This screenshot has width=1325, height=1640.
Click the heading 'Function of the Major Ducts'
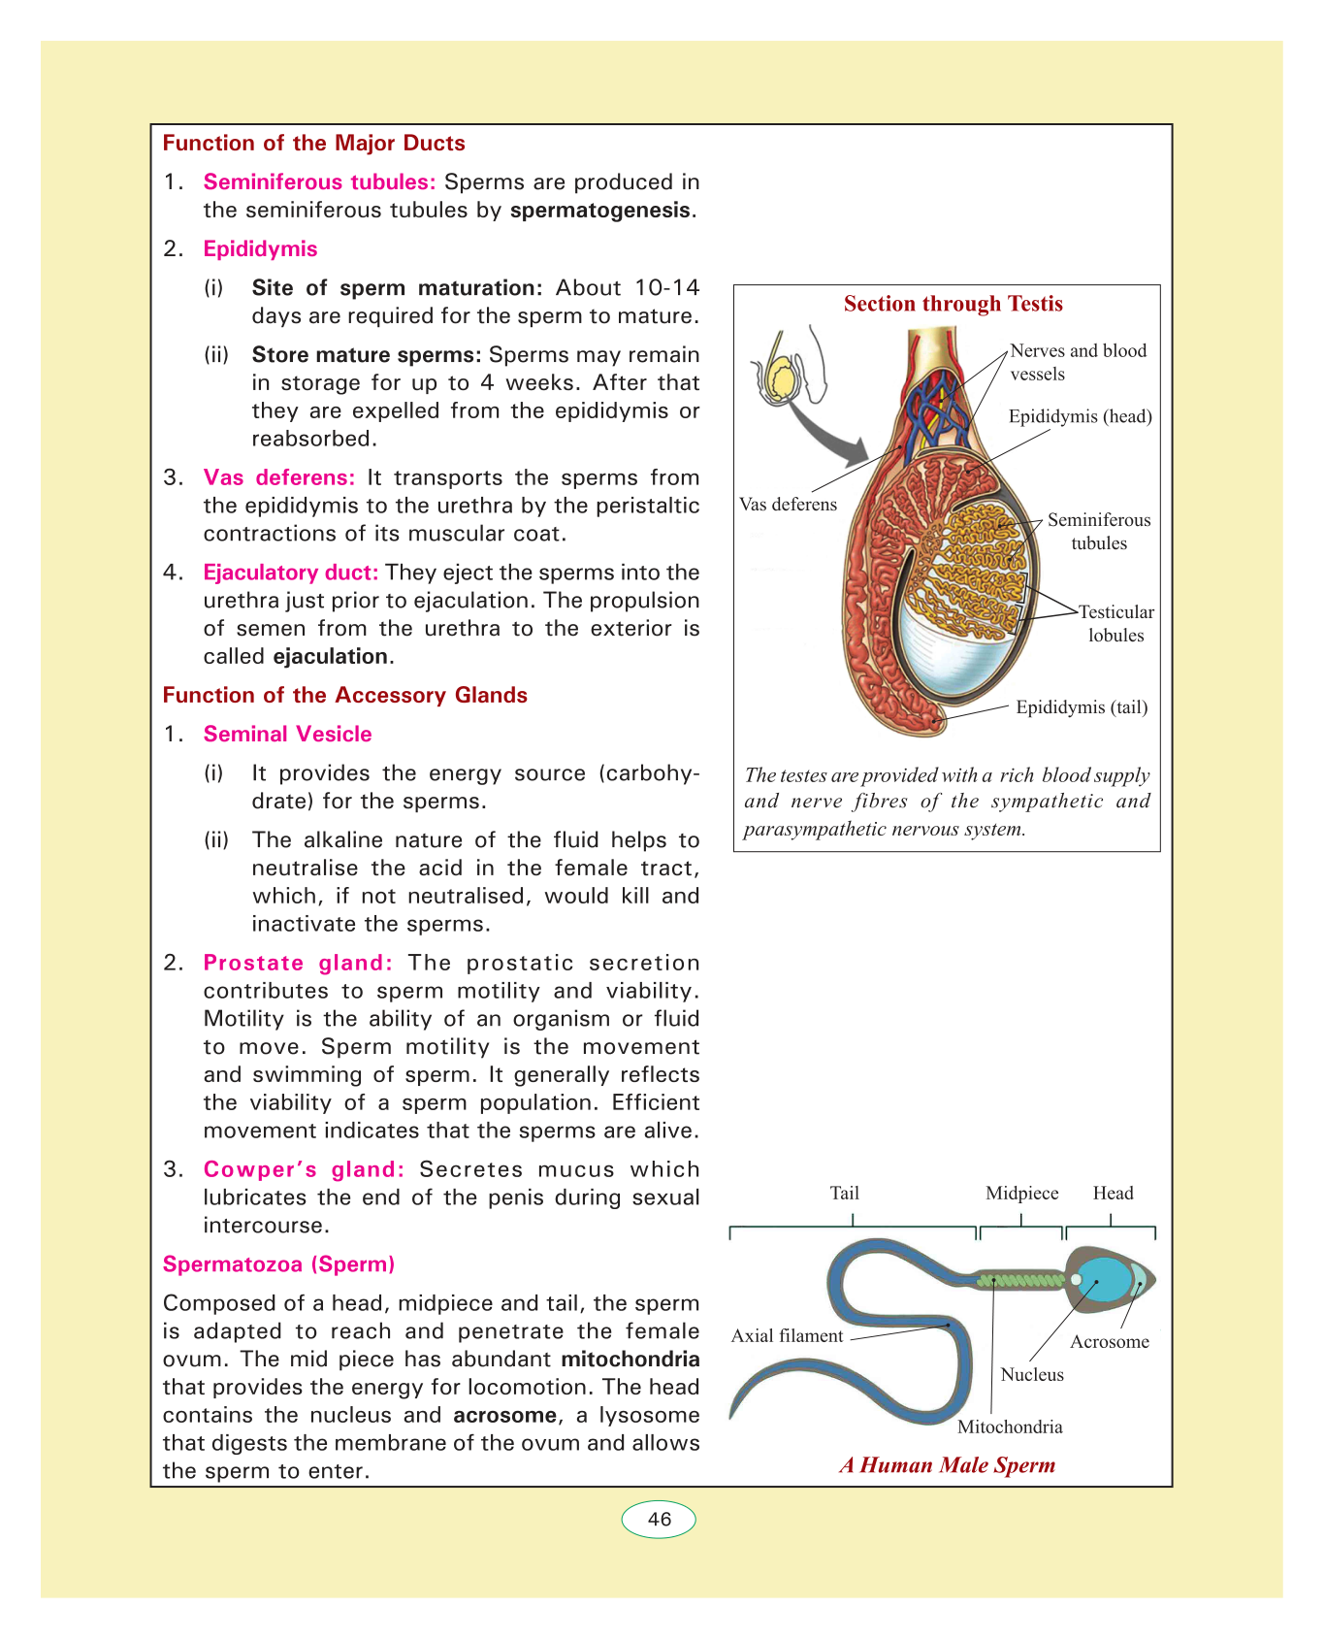click(313, 144)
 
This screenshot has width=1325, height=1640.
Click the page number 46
click(659, 1520)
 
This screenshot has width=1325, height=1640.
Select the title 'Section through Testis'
click(953, 304)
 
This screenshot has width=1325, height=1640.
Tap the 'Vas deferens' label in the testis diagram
click(788, 505)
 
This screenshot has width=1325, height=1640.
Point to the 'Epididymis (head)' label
click(1080, 417)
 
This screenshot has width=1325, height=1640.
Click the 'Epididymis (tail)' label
click(1082, 707)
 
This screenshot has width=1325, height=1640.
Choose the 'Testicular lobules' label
click(1116, 624)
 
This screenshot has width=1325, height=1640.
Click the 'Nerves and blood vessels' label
click(1078, 362)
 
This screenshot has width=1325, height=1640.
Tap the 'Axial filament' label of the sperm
click(787, 1336)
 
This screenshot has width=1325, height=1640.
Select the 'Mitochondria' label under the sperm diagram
click(1010, 1427)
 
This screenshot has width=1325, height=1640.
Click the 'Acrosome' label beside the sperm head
click(1109, 1342)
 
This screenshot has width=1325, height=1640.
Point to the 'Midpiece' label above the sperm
click(1021, 1194)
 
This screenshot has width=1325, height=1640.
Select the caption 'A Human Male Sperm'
click(947, 1465)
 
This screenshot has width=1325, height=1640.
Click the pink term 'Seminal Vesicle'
click(287, 735)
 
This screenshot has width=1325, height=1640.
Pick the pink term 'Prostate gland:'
click(298, 964)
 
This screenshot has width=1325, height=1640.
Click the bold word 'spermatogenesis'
click(599, 211)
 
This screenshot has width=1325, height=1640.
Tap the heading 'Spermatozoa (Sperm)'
click(278, 1264)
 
